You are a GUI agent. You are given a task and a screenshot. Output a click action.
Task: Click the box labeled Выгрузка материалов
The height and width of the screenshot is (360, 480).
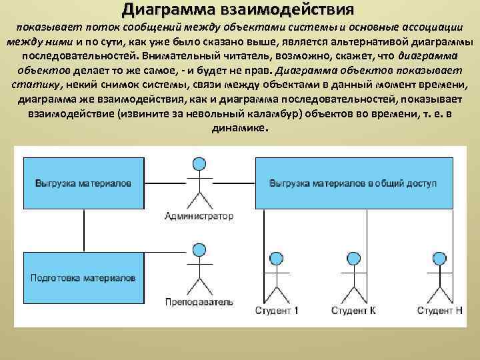coord(83,183)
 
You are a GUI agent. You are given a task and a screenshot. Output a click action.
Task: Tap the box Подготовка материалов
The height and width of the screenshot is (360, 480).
coord(83,277)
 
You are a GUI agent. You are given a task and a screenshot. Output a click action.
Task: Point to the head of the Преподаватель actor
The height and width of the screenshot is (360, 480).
coord(199,251)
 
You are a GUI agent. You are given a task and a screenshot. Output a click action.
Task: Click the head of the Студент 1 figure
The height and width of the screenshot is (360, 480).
coord(276,259)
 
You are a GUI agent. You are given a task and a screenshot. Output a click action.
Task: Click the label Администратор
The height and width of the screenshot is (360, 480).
coord(199,216)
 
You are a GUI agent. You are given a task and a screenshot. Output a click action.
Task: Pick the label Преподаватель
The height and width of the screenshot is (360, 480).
coord(199,302)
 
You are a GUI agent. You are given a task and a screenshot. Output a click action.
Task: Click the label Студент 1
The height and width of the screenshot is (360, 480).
coord(277,311)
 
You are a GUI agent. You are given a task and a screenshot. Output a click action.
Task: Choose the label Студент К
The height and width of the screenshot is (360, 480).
coord(353,311)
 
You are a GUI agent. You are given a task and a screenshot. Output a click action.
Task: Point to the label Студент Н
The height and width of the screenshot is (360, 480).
coord(439,311)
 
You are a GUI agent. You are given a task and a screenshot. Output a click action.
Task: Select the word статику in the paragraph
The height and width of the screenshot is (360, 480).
coord(34,86)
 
